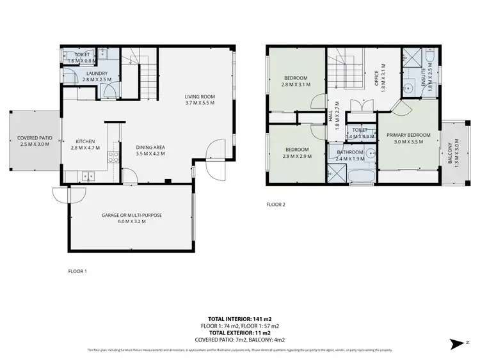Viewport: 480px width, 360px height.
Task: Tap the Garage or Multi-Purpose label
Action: pyautogui.click(x=131, y=215)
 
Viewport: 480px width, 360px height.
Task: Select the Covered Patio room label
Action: pyautogui.click(x=35, y=137)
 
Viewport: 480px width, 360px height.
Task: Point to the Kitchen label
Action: pyautogui.click(x=85, y=142)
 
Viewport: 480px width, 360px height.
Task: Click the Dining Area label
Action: pyautogui.click(x=150, y=147)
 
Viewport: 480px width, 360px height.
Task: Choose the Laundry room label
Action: pyautogui.click(x=96, y=73)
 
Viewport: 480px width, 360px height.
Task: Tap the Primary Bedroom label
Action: pyautogui.click(x=408, y=135)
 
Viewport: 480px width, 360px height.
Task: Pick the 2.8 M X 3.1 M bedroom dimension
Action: pyautogui.click(x=295, y=84)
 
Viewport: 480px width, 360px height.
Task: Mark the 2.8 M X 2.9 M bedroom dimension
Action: pyautogui.click(x=295, y=156)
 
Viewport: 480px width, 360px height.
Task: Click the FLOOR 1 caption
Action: pyautogui.click(x=77, y=271)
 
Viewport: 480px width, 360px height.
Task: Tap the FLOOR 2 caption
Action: pyautogui.click(x=276, y=205)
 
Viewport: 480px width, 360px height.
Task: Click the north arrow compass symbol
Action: pyautogui.click(x=457, y=344)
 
